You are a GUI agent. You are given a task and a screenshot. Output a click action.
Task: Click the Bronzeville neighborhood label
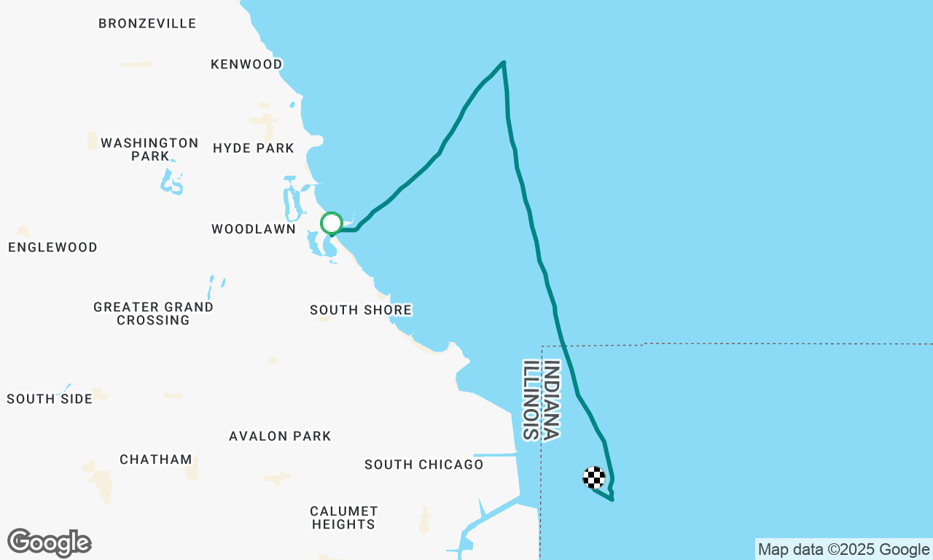coord(147,23)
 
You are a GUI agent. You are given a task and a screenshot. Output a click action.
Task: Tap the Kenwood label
coord(246,64)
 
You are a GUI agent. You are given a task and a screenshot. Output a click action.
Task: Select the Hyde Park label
coord(254,148)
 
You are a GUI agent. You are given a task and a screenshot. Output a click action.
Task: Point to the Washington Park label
coord(149,149)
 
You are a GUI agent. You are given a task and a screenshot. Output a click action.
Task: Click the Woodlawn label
coord(254,229)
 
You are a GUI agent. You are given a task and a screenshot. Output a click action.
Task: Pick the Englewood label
coord(52,247)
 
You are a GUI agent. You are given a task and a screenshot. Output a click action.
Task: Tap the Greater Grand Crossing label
coord(153,314)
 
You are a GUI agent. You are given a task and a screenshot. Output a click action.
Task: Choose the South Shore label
coord(361,310)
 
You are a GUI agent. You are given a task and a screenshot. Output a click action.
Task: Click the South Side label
coord(50,399)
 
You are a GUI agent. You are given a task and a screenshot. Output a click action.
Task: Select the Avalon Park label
coord(280,436)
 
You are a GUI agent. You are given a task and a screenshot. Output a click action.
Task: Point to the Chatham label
coord(156,459)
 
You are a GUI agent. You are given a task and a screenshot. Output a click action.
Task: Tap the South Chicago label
coord(423,464)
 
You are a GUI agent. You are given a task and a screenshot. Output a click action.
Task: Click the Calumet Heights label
coord(343,517)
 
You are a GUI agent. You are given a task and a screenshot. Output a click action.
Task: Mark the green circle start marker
coord(332,223)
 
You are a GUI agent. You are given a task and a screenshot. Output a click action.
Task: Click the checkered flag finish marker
coord(595,478)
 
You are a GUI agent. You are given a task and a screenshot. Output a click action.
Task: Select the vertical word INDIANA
coord(552,400)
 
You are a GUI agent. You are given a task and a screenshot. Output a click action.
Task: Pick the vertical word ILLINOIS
coord(531,400)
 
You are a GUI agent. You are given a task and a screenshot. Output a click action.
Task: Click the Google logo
coord(49,542)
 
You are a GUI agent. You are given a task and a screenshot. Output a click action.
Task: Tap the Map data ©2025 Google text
coord(843,550)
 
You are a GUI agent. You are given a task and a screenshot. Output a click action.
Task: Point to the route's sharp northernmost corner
coord(504,63)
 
